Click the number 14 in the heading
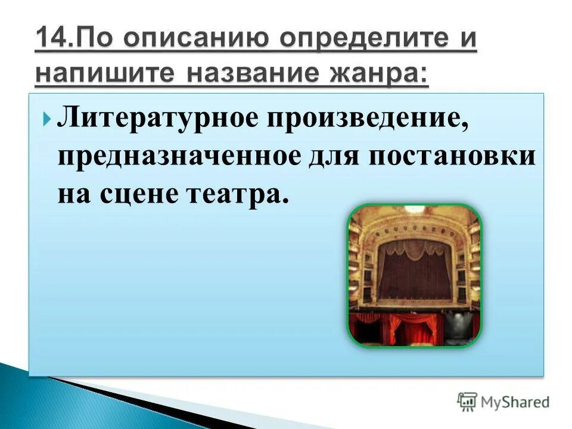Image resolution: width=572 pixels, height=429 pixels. (50, 40)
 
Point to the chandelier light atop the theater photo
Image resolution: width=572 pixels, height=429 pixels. (415, 210)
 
